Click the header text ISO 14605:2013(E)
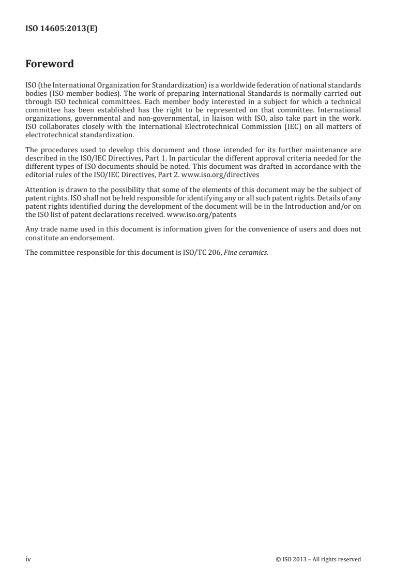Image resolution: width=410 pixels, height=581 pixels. tap(62, 30)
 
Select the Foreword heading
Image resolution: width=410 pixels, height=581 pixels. tap(50, 64)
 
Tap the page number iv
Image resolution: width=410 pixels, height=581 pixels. tap(28, 559)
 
